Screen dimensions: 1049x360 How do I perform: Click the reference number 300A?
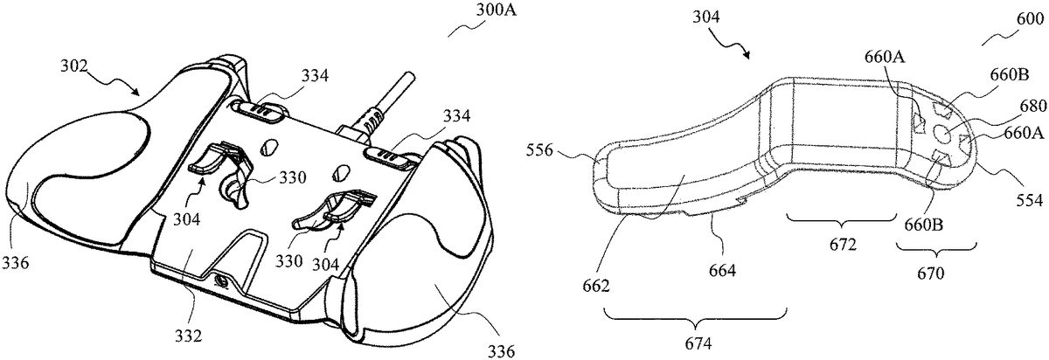(x=496, y=10)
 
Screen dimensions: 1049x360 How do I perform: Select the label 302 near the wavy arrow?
(x=74, y=66)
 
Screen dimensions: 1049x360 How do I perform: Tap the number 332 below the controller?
(x=188, y=336)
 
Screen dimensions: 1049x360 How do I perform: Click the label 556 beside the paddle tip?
(x=539, y=151)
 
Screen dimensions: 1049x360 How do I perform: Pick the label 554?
(x=1030, y=201)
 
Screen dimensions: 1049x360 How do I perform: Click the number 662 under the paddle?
(x=595, y=286)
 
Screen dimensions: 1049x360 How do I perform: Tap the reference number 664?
(x=722, y=270)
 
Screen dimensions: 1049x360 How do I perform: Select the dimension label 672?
(x=842, y=245)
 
